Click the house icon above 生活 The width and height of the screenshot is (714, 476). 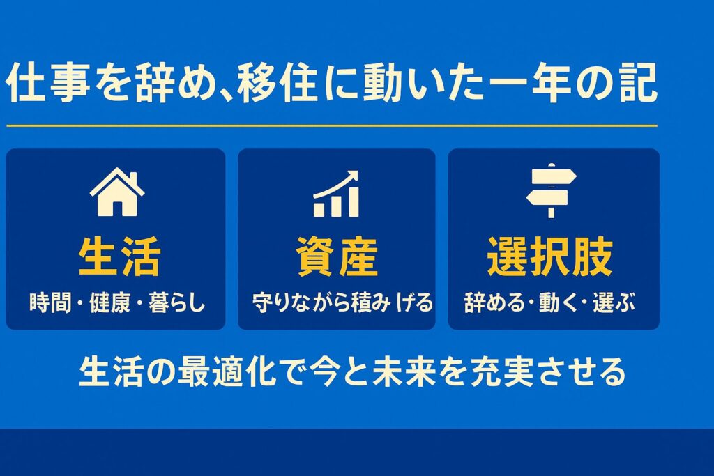coord(117,192)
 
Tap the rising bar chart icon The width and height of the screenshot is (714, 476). coord(336,194)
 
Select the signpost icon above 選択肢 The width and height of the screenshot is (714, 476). coord(551,191)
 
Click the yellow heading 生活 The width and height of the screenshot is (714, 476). coord(119,256)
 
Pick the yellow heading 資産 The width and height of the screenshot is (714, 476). coord(337,256)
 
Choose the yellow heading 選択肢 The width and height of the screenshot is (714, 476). coord(550,256)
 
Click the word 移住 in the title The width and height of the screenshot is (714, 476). coord(277,83)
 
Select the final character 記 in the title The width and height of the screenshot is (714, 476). coord(637,83)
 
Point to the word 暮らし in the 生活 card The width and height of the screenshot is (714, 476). coord(177,302)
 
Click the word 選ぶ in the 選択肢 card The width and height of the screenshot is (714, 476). coord(614,302)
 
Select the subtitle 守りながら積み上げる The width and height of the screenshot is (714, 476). coord(342,302)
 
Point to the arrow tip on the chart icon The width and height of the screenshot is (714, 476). coord(357,172)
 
